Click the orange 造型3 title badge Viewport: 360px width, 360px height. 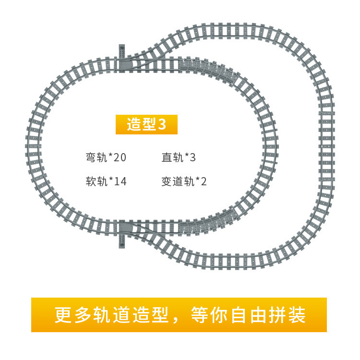pyautogui.click(x=146, y=124)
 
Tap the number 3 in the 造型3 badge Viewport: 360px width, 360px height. pyautogui.click(x=162, y=124)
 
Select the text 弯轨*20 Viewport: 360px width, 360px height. pyautogui.click(x=106, y=157)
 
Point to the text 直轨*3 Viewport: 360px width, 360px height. pyautogui.click(x=179, y=157)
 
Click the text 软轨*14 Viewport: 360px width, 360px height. pyautogui.click(x=106, y=181)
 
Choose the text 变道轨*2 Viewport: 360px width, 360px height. pyautogui.click(x=184, y=181)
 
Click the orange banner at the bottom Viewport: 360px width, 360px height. pyautogui.click(x=179, y=314)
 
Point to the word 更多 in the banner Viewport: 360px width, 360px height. pyautogui.click(x=72, y=315)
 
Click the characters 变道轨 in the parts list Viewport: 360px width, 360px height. pyautogui.click(x=178, y=181)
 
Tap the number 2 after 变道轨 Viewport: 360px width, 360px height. pyautogui.click(x=204, y=181)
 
